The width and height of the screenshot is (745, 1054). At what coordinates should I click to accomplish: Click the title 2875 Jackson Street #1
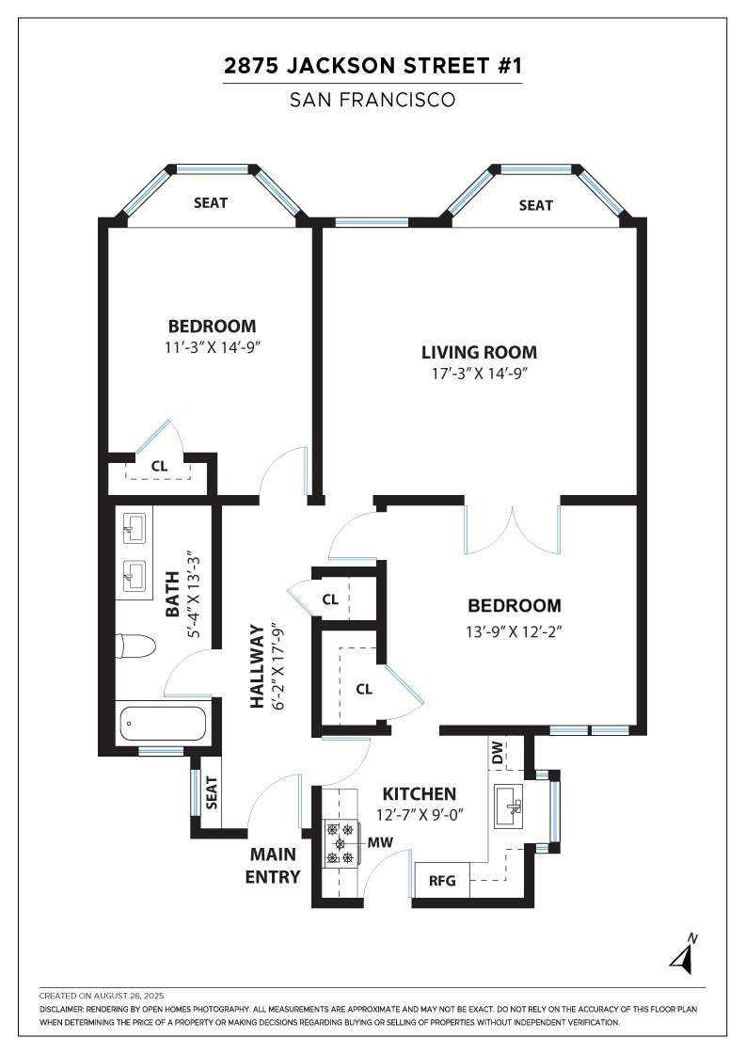(372, 66)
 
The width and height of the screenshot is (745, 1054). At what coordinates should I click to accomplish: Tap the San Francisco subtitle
(372, 99)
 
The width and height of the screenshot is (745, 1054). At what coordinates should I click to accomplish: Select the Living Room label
(479, 352)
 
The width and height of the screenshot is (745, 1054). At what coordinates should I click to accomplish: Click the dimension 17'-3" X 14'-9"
(479, 374)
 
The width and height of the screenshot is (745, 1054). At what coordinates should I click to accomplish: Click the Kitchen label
(420, 793)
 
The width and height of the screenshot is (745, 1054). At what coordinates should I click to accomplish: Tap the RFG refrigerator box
(442, 881)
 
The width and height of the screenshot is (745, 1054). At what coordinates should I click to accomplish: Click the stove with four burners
(340, 843)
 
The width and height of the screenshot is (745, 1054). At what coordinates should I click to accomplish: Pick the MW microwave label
(381, 842)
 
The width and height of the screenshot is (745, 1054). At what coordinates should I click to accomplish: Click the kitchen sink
(512, 806)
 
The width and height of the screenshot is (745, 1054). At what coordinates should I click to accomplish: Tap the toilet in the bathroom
(135, 647)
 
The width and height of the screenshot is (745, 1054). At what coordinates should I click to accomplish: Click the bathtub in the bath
(161, 724)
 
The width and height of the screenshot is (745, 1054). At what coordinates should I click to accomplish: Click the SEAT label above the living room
(535, 205)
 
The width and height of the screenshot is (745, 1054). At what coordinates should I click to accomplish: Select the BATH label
(172, 599)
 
